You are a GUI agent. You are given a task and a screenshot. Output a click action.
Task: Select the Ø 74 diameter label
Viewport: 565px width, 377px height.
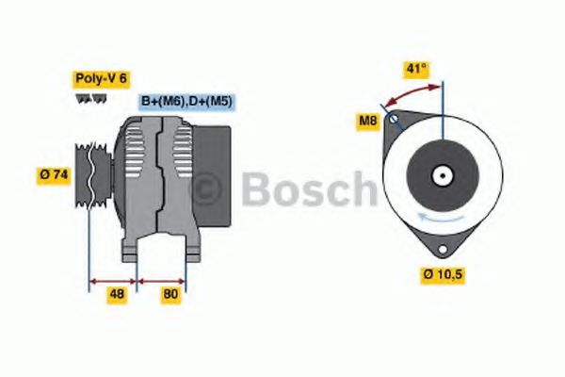[54, 174]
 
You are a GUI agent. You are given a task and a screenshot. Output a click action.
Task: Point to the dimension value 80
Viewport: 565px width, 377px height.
[170, 294]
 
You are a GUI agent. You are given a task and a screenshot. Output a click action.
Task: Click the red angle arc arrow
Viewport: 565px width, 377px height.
[412, 91]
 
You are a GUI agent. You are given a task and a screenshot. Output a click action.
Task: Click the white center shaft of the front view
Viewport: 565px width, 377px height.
[440, 175]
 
